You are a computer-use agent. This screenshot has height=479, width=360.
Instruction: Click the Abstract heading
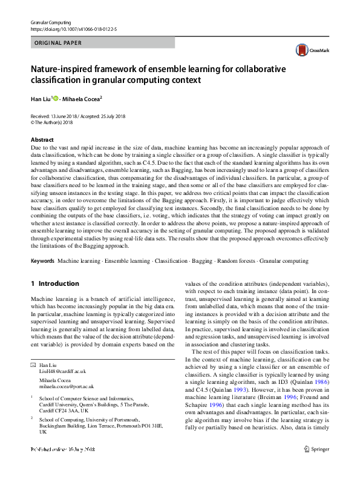[42, 139]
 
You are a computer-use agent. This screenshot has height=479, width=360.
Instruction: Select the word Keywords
[43, 261]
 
